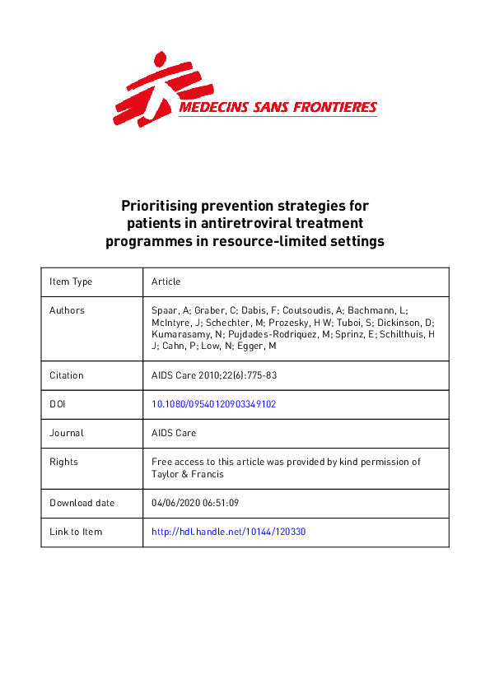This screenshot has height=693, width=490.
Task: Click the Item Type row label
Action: click(71, 281)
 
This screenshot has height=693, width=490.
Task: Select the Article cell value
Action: click(166, 281)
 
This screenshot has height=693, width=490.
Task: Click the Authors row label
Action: click(67, 310)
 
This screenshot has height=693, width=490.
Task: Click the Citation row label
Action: click(67, 375)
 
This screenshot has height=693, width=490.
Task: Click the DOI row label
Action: click(58, 404)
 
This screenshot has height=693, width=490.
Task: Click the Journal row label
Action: click(67, 433)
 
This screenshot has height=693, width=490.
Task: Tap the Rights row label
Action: click(63, 462)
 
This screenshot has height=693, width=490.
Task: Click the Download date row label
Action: click(82, 503)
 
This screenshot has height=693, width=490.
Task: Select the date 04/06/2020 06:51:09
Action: click(195, 503)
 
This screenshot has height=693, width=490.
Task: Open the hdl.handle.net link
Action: click(229, 532)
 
